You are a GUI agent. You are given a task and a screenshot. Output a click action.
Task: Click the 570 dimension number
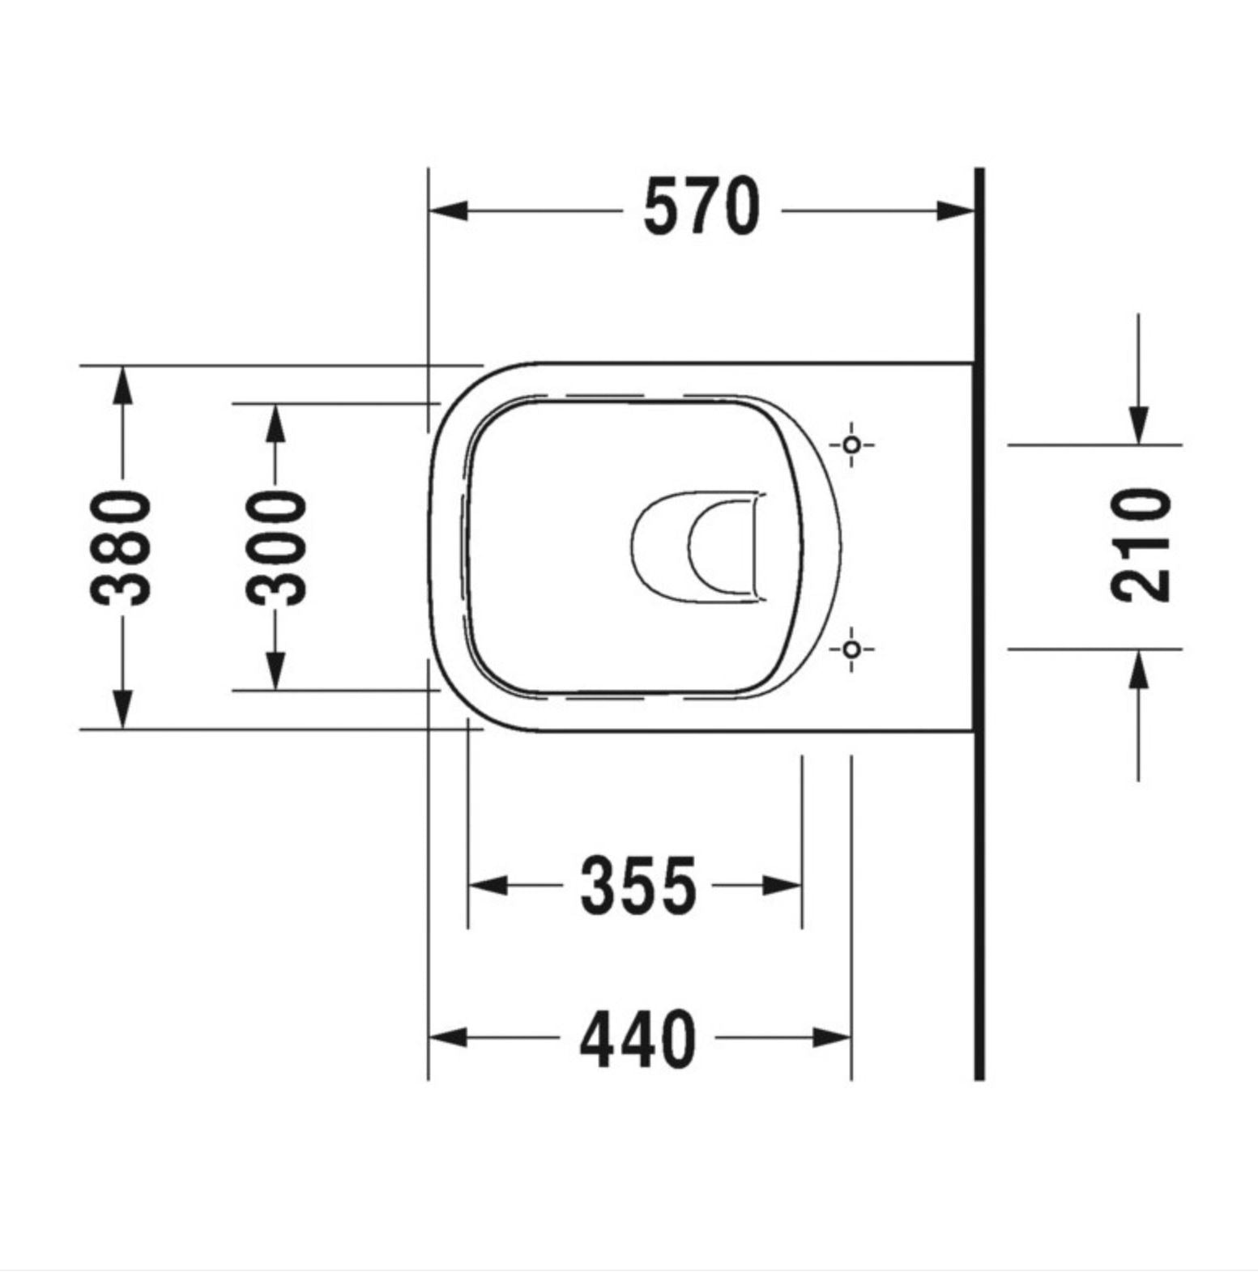point(701,207)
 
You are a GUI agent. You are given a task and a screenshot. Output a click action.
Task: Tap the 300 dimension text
point(277,547)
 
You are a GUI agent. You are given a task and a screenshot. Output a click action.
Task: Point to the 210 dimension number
point(1141,545)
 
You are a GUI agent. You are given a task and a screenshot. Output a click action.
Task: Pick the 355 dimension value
point(638,885)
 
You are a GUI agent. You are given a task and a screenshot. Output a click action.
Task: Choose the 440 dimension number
point(638,1039)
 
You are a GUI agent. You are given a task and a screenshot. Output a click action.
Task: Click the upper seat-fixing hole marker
point(851,445)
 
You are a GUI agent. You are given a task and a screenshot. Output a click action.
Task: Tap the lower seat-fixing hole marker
point(851,649)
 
